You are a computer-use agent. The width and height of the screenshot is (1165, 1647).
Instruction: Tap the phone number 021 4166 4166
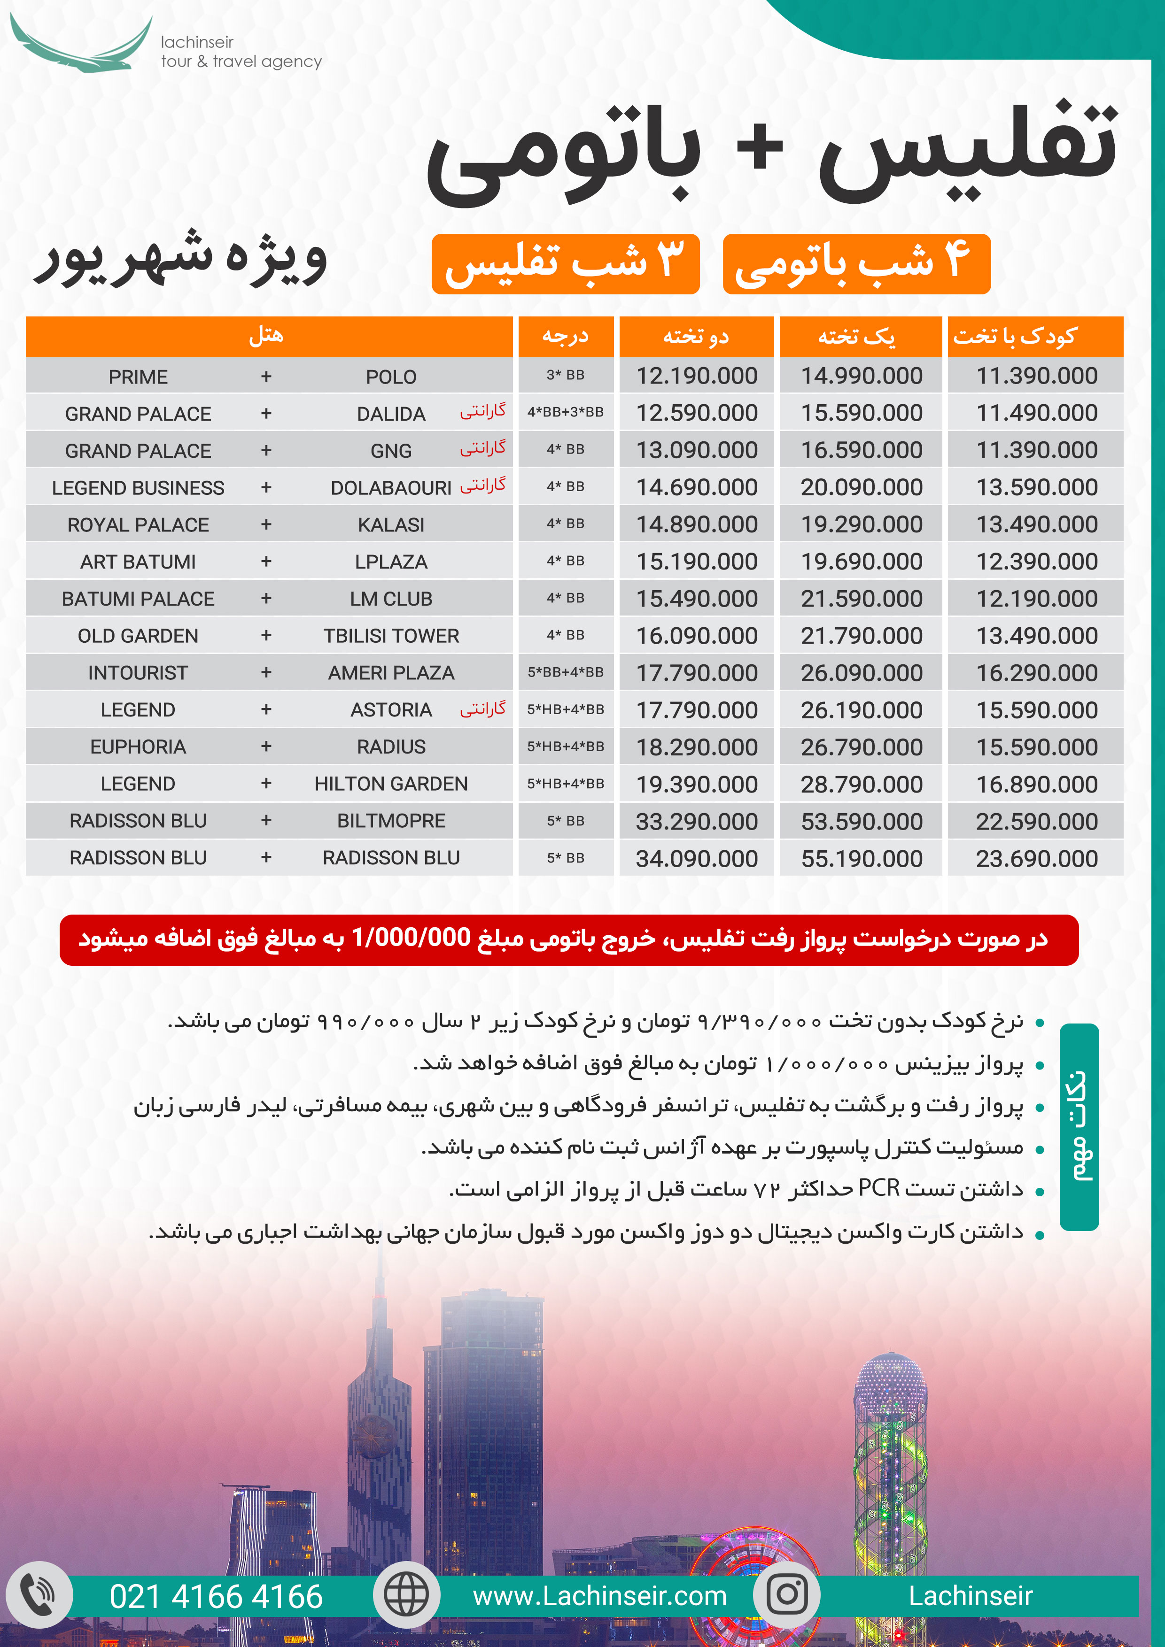point(216,1597)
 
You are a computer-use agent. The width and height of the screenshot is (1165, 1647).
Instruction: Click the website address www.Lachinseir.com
point(599,1596)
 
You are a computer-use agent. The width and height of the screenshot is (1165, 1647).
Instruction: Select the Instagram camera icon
point(787,1594)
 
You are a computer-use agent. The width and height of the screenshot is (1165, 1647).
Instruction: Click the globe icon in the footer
point(406,1594)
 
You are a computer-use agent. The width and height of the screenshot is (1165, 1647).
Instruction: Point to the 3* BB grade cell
point(565,375)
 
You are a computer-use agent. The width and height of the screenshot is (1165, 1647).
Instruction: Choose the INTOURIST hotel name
point(138,673)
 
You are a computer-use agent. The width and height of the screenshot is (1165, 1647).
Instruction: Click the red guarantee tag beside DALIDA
point(482,411)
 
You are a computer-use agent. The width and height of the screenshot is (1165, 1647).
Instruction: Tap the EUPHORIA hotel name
point(138,747)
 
